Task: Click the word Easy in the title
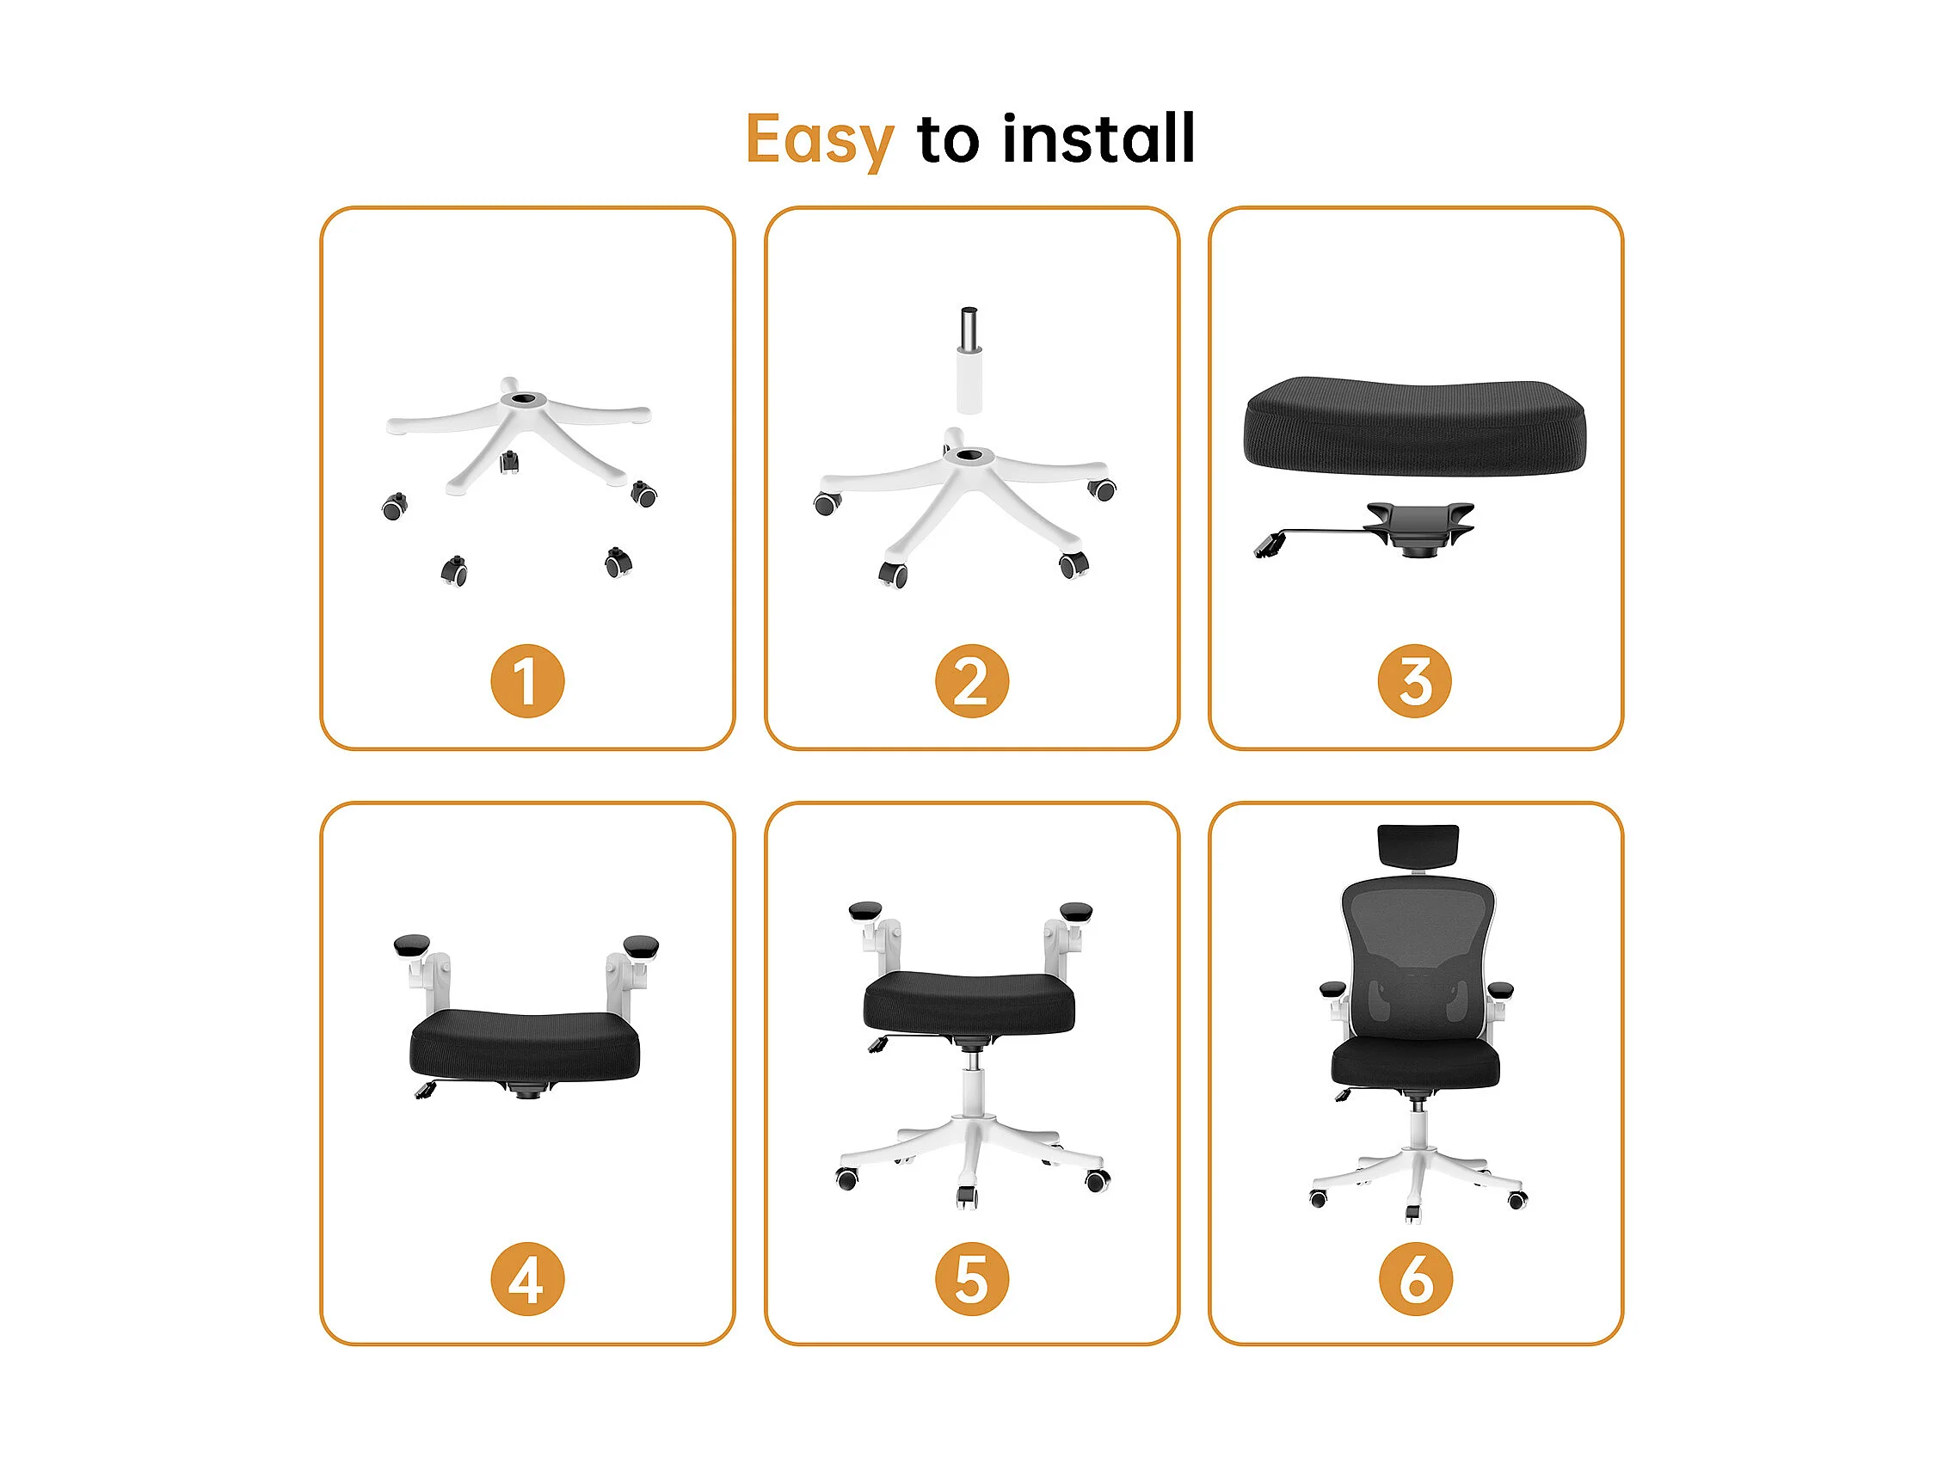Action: [819, 140]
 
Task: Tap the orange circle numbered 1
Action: [527, 681]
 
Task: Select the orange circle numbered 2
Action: [971, 681]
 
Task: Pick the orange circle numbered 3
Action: [1415, 681]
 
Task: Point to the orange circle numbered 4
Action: [527, 1279]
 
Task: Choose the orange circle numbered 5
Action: [971, 1279]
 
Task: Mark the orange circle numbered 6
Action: [1415, 1279]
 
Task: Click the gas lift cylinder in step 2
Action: [969, 360]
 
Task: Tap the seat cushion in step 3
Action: [1415, 427]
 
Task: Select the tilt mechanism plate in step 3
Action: [1417, 527]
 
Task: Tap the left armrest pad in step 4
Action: [412, 945]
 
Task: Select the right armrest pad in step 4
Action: [641, 946]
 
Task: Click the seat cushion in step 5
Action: [969, 1002]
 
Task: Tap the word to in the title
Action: [948, 140]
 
